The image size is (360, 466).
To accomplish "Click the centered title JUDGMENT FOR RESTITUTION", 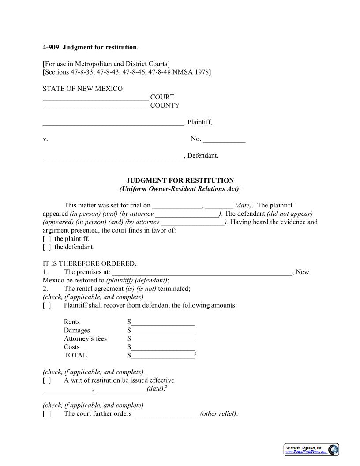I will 180,180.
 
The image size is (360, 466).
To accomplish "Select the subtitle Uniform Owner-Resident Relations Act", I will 179,189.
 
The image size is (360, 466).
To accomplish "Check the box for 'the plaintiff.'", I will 46,239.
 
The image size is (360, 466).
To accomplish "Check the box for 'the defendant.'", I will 46,247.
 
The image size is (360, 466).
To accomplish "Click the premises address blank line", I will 202,273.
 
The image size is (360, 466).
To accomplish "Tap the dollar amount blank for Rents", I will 162,323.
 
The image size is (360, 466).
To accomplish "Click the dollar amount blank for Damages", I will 162,331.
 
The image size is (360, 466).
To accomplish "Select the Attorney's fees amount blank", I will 162,339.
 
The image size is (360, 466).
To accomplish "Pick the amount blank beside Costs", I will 162,348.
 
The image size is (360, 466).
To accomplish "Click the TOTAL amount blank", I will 162,356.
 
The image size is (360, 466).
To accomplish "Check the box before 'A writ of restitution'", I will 46,380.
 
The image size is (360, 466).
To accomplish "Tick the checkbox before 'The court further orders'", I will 46,414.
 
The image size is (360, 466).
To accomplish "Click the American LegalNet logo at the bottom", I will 311,450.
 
